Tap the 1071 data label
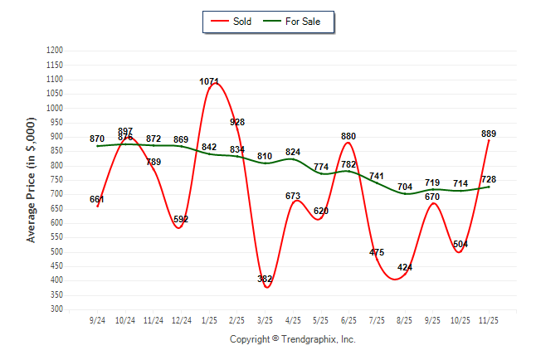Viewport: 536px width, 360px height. tap(210, 81)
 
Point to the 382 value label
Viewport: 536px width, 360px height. tap(266, 280)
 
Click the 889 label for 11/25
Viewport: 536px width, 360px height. tap(489, 134)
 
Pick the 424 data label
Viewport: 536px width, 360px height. tap(405, 267)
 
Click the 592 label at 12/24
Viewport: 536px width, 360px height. tap(182, 219)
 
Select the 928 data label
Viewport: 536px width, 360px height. tap(237, 122)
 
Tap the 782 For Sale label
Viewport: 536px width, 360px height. tap(349, 164)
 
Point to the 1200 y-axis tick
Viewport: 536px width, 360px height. tap(55, 51)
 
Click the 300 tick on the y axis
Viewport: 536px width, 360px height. tap(57, 309)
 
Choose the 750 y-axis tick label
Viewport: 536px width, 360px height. tap(57, 180)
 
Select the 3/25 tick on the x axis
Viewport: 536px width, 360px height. tap(266, 320)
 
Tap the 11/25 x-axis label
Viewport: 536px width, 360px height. tap(489, 320)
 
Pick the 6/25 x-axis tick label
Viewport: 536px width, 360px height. tap(349, 320)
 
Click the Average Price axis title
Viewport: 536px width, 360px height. tap(32, 179)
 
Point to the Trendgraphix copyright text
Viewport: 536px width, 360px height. tap(292, 339)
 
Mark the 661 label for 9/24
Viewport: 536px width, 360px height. tap(98, 199)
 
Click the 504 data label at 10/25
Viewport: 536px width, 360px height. tap(460, 244)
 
